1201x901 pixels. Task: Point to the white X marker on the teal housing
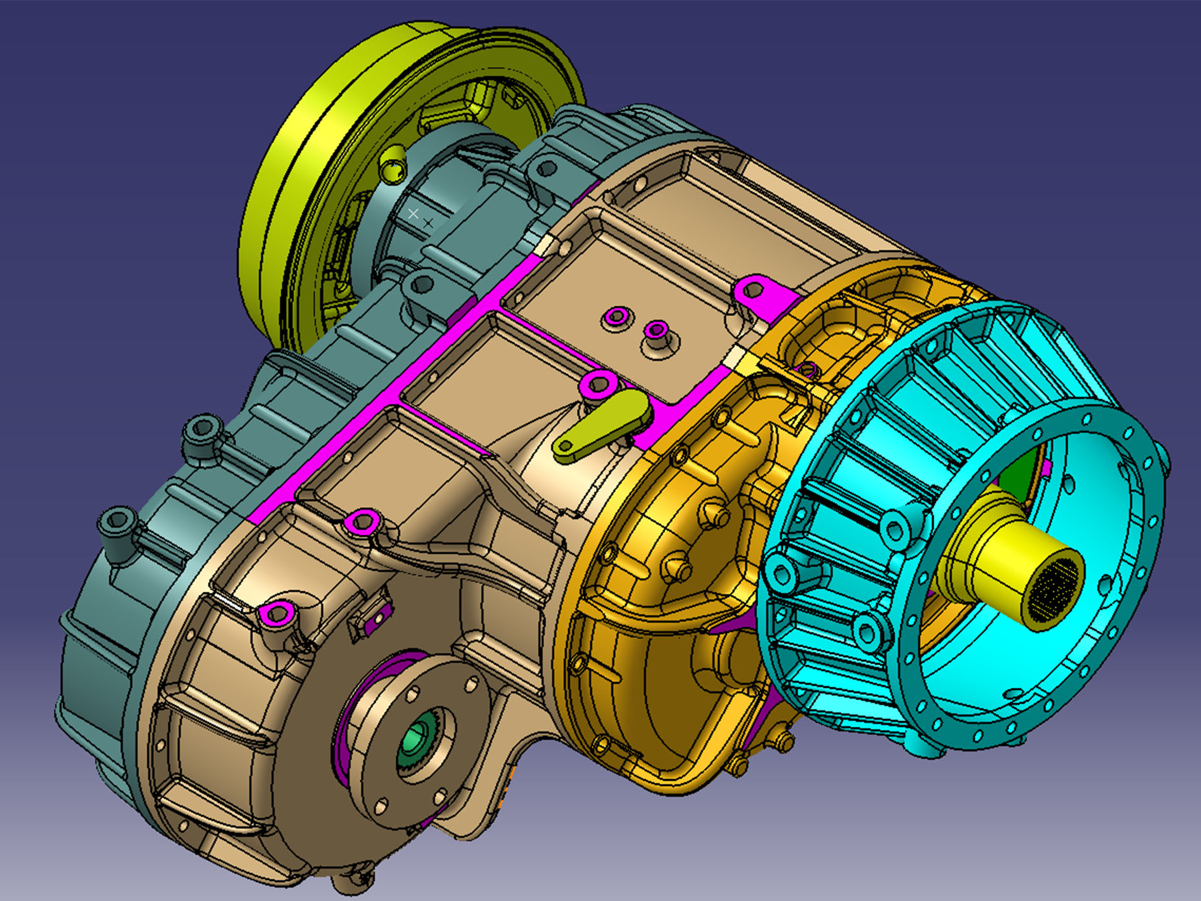tap(413, 214)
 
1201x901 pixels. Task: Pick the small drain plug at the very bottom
tap(353, 881)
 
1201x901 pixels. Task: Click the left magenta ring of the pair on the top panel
tap(616, 316)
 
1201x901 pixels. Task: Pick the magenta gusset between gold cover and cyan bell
tap(731, 626)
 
